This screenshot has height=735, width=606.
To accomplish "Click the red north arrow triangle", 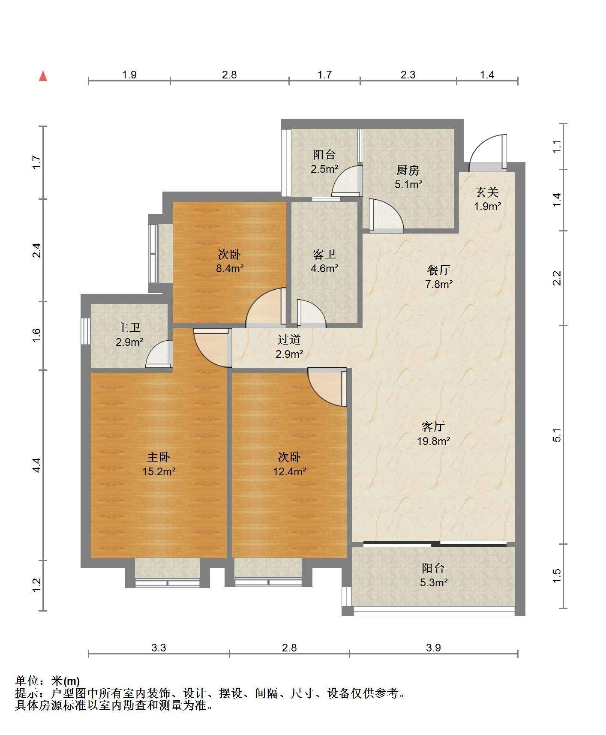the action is click(x=43, y=76).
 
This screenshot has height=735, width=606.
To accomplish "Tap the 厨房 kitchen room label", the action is click(x=408, y=171).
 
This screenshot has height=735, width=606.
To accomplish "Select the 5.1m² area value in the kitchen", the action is click(x=408, y=185).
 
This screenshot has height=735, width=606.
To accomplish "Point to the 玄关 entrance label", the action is click(x=487, y=192).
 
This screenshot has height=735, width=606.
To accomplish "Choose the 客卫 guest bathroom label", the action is click(x=324, y=255).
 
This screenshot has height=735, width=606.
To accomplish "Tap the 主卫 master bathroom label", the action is click(x=129, y=328).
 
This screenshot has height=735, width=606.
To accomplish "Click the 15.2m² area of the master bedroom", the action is click(x=159, y=472).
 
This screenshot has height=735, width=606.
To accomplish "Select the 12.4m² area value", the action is click(x=290, y=472).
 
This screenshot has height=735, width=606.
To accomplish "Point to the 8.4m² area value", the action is click(x=230, y=269).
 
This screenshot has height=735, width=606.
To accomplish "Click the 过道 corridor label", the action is click(x=289, y=340).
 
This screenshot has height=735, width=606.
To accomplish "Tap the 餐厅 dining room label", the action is click(x=439, y=270).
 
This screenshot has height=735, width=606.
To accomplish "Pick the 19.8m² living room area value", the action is click(x=434, y=441).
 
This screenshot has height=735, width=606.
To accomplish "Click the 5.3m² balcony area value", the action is click(x=434, y=582).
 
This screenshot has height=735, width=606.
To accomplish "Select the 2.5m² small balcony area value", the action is click(x=324, y=169).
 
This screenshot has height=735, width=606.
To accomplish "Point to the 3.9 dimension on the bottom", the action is click(x=433, y=648).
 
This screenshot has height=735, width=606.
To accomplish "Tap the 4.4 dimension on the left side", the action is click(x=37, y=465).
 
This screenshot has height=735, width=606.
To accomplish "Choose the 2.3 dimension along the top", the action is click(x=408, y=75).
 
